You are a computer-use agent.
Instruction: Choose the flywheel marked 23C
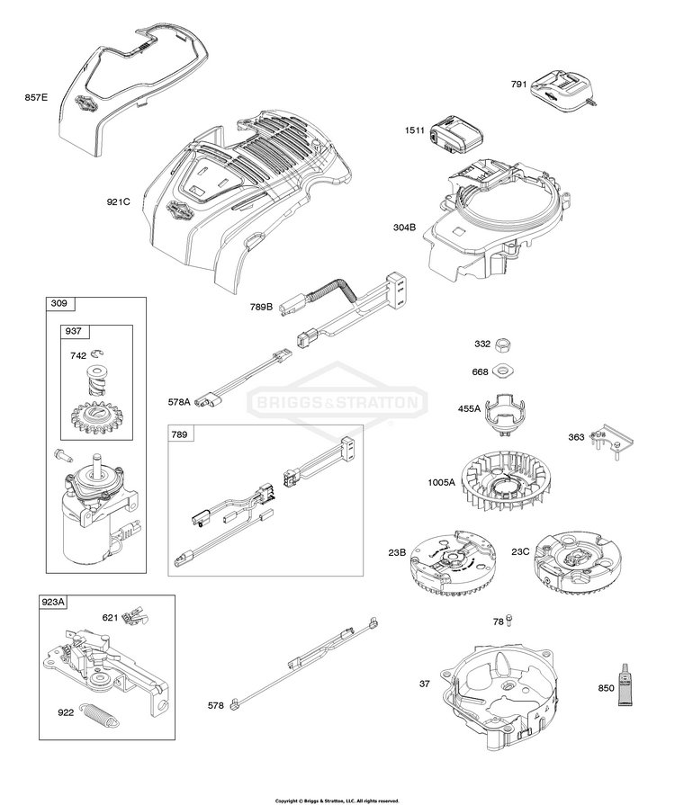click(x=577, y=568)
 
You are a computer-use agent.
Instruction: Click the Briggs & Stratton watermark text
click(x=337, y=402)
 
